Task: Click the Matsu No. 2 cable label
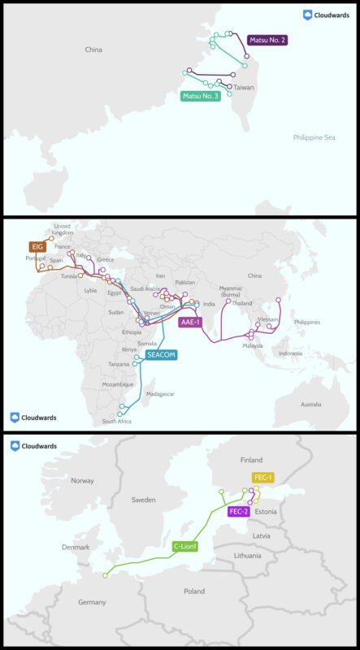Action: click(x=268, y=39)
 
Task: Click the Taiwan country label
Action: click(x=245, y=87)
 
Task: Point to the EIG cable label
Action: click(x=37, y=245)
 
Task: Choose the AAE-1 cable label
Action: click(x=190, y=322)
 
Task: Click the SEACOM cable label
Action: click(x=161, y=354)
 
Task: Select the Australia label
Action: click(x=310, y=404)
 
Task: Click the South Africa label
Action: click(x=117, y=422)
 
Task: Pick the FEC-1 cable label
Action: click(x=263, y=477)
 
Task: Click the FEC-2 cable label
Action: click(x=238, y=511)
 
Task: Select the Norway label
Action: click(x=83, y=480)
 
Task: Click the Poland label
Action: click(x=194, y=591)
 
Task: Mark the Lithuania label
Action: click(x=248, y=556)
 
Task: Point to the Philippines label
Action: click(x=307, y=322)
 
